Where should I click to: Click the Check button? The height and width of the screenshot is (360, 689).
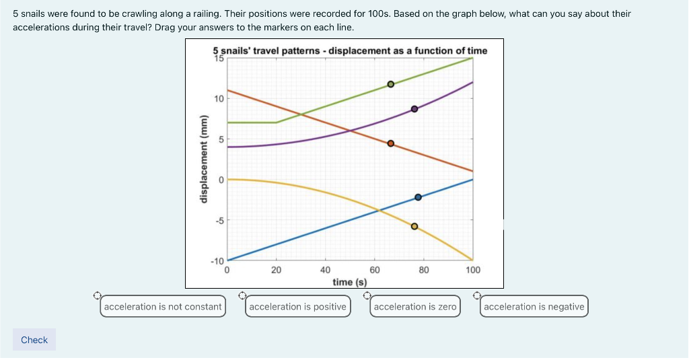(x=34, y=340)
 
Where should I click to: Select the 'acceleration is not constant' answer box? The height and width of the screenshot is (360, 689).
(x=163, y=307)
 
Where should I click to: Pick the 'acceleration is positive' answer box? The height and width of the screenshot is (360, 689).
(x=297, y=307)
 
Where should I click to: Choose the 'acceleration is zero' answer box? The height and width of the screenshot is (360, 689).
(x=414, y=307)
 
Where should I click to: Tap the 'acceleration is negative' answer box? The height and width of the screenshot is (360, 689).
(x=534, y=307)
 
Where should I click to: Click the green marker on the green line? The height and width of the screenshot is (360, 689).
(x=390, y=85)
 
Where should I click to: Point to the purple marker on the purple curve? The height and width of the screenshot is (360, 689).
(x=414, y=109)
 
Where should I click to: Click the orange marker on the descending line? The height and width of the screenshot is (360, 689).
(x=390, y=143)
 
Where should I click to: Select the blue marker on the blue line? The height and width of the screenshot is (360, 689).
(x=418, y=197)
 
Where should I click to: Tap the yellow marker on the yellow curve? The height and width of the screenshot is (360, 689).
(x=414, y=227)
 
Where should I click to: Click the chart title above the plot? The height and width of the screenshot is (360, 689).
(x=350, y=50)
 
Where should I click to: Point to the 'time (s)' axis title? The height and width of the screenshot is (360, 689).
(x=350, y=282)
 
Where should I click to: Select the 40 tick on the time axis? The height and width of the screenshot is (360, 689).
(x=325, y=270)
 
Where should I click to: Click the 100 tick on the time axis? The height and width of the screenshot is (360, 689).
(x=472, y=270)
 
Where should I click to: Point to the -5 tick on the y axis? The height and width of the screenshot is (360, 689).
(x=219, y=220)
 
